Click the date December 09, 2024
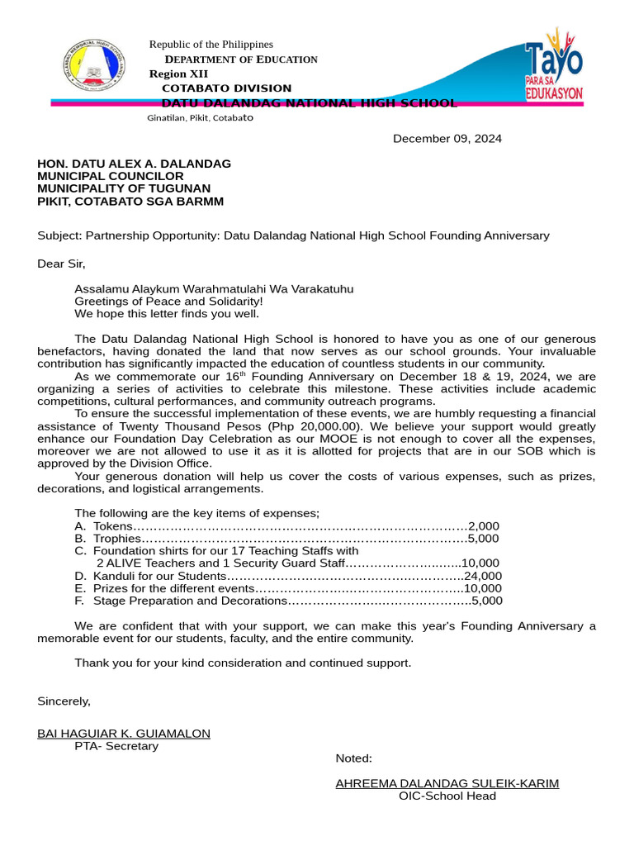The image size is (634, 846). pos(447,139)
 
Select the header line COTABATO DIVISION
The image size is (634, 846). pos(226,88)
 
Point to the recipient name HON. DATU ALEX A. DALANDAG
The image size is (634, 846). pos(134,164)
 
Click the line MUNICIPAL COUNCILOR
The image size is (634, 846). pos(111,176)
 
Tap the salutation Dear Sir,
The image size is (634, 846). pos(61,264)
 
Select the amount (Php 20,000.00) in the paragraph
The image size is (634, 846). pos(319,426)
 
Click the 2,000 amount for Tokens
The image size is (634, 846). pos(483,526)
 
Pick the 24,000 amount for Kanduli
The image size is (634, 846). pos(483,576)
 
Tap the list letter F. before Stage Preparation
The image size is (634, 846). pos(80,601)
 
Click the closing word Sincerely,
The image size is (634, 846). pos(64,701)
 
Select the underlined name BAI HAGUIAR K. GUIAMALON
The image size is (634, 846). pos(124,734)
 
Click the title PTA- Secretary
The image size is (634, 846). pos(116,746)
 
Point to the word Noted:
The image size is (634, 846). pos(353,758)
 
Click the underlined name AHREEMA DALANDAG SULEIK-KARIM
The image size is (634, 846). pos(447,783)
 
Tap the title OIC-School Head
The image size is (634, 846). pos(447,796)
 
